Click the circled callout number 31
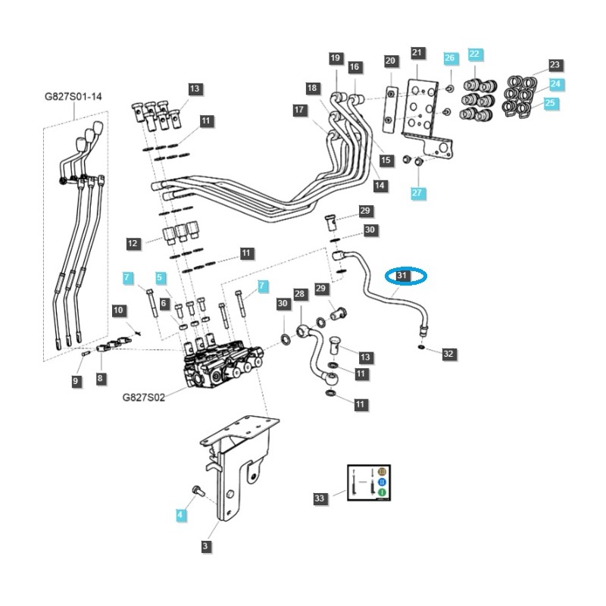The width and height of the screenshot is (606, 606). tap(402, 276)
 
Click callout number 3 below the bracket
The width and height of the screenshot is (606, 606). tap(205, 545)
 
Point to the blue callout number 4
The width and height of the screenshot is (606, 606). tap(180, 515)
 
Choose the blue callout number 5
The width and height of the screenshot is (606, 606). tap(160, 278)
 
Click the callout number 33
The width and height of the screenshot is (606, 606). tap(320, 498)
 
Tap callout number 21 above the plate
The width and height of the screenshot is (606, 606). tap(417, 52)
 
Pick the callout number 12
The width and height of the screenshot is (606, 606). tap(133, 243)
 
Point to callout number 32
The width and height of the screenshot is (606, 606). tap(448, 353)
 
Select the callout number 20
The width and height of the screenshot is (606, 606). tap(390, 61)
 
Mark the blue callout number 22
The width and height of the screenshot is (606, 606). tap(474, 54)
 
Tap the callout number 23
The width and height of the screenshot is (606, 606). tap(554, 65)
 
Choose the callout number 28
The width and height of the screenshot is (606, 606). tap(299, 294)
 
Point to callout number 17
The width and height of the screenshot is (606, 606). tap(299, 111)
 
